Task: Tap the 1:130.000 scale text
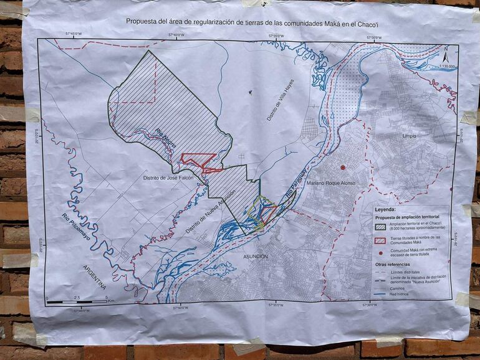pos(446,66)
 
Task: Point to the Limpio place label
pos(410,135)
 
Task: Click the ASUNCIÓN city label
pos(252,257)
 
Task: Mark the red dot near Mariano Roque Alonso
pos(342,168)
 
